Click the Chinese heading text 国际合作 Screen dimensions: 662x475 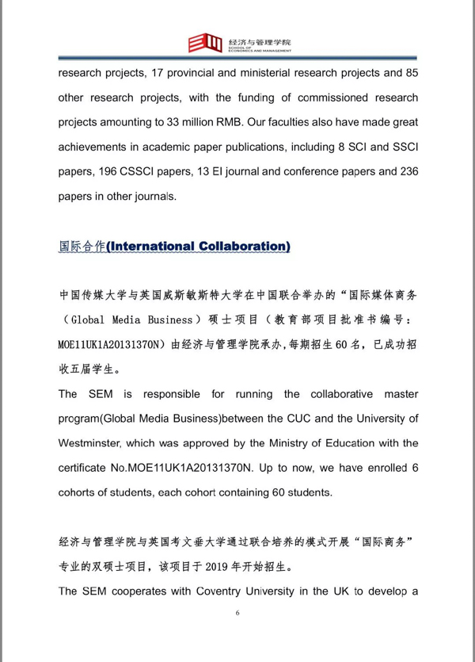coord(82,247)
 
